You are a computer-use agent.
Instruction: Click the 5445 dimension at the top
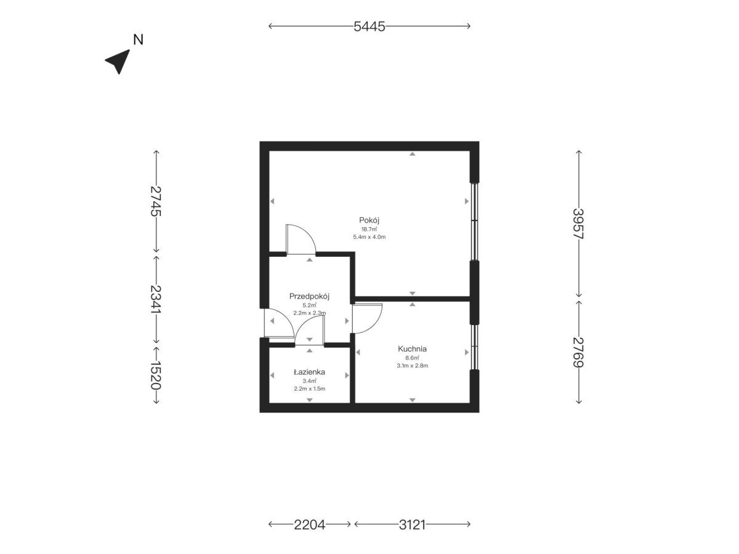[369, 26]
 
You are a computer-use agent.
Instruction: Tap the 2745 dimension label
[156, 201]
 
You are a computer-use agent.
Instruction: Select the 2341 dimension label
[156, 299]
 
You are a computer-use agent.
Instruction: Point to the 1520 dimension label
[156, 375]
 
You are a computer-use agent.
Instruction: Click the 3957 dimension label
[578, 223]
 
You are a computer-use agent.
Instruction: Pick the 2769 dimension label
[578, 352]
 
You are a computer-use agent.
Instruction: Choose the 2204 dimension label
[309, 524]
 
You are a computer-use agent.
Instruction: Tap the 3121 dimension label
[412, 524]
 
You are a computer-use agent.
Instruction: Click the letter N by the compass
[139, 39]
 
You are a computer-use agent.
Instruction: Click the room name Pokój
[369, 220]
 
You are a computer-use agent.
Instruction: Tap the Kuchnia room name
[412, 349]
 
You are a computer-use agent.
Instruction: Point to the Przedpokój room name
[309, 296]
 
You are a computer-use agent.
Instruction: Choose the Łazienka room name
[309, 372]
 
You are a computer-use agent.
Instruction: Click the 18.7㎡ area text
[369, 230]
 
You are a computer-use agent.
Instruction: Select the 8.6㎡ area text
[412, 358]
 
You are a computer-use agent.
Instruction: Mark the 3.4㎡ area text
[309, 381]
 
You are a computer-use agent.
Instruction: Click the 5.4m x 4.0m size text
[369, 237]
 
